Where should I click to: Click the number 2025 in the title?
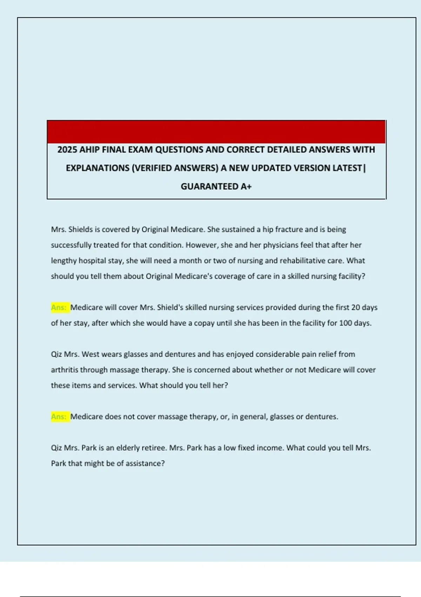(x=67, y=150)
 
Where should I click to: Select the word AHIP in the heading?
(x=90, y=150)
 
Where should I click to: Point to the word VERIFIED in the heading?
(x=152, y=168)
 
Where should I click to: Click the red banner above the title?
(x=216, y=132)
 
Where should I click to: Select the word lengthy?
(x=64, y=261)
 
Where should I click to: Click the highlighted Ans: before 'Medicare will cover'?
(x=59, y=308)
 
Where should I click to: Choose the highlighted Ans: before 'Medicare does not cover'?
(x=59, y=417)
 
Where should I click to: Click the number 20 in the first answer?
(x=356, y=308)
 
